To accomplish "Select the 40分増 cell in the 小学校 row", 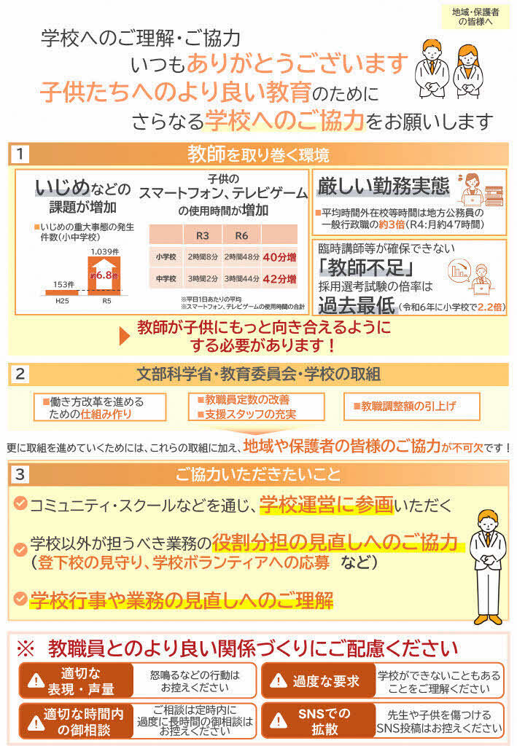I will [279, 256].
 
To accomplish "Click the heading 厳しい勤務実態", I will [383, 186].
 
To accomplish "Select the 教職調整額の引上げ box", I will [411, 407].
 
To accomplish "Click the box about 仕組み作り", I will [100, 407].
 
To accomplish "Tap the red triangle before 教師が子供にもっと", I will [125, 334].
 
